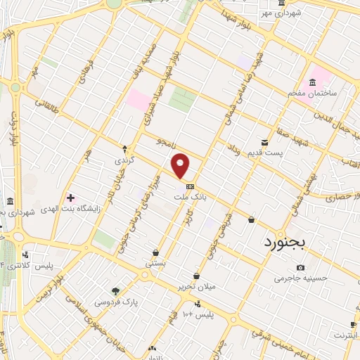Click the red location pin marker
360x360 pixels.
181,165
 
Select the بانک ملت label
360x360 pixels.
191,198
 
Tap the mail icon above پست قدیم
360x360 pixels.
265,142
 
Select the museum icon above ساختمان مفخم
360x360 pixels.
312,82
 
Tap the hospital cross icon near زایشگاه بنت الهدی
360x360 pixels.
70,198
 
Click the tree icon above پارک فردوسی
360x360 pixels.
116,291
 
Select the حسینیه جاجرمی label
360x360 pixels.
301,278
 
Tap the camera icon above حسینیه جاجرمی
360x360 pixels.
301,267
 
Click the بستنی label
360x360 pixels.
155,263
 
